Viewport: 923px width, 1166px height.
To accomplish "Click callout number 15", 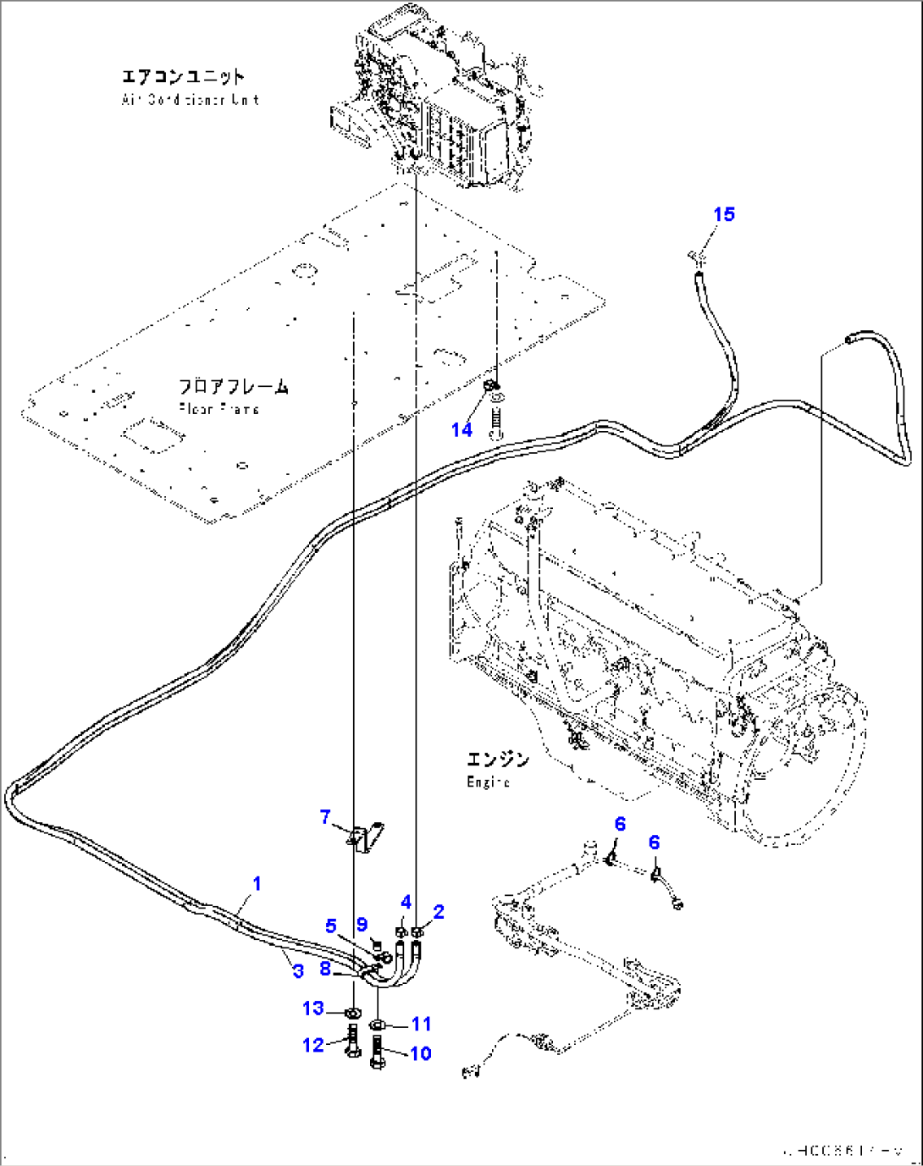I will pyautogui.click(x=724, y=214).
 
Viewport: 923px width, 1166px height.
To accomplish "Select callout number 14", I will pyautogui.click(x=461, y=429).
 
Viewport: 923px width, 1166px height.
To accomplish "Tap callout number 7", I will pyautogui.click(x=325, y=817).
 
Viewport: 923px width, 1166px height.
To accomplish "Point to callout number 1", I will pyautogui.click(x=257, y=883).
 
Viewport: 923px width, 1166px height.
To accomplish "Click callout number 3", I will pyautogui.click(x=298, y=970).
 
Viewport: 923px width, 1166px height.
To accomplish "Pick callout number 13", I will pyautogui.click(x=313, y=1008).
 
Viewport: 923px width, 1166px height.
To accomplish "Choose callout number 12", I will pyautogui.click(x=313, y=1045).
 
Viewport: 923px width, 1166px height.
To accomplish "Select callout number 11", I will pyautogui.click(x=421, y=1024).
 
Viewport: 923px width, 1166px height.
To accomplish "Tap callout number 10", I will pyautogui.click(x=421, y=1053).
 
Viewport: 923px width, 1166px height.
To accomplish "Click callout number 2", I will pyautogui.click(x=438, y=912).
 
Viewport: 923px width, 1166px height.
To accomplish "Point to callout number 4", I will pyautogui.click(x=406, y=902).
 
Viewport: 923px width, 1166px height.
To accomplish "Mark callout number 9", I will pyautogui.click(x=362, y=925).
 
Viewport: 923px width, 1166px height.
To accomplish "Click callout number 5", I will pyautogui.click(x=331, y=926).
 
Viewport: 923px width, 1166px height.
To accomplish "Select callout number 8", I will pyautogui.click(x=325, y=967).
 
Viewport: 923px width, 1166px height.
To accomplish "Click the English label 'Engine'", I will pyautogui.click(x=488, y=782).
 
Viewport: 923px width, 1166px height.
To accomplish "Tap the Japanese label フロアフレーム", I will pyautogui.click(x=234, y=387).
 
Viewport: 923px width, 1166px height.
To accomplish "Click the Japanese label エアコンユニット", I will pyautogui.click(x=184, y=77).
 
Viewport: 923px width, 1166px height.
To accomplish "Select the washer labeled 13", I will pyautogui.click(x=352, y=1013).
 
